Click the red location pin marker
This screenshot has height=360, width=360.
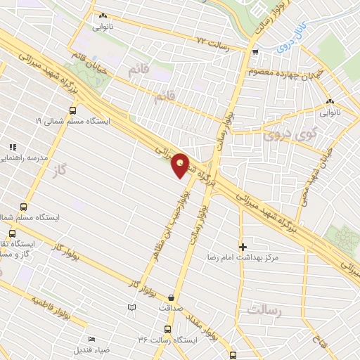[x=181, y=166]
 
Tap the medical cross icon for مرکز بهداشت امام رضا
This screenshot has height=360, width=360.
[x=243, y=247]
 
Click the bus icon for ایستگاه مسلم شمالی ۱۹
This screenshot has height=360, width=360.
[x=73, y=110]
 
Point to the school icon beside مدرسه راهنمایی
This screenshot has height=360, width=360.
[x=12, y=147]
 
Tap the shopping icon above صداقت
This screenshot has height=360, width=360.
[x=172, y=297]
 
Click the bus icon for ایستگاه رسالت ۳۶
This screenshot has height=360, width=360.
[x=167, y=328]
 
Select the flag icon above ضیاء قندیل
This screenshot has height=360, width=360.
[x=91, y=340]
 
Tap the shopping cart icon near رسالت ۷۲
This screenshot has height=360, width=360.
[x=255, y=51]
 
